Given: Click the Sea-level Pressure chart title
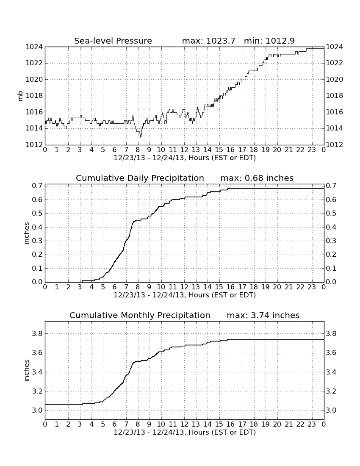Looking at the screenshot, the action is point(113,41).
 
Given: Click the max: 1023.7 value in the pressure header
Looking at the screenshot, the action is point(208,41).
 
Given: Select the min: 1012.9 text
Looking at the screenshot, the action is point(269,41).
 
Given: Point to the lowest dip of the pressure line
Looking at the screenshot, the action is point(141,137).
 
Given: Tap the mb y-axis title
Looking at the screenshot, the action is point(20,96).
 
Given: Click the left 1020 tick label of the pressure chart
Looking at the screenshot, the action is point(34,79).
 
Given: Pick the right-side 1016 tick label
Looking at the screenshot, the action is point(335,112).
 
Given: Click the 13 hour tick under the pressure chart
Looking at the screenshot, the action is point(196,150).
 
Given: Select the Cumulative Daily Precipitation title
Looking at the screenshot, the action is point(140,178).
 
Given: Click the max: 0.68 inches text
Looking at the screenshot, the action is point(257,178).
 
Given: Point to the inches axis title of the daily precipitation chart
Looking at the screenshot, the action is point(26,233).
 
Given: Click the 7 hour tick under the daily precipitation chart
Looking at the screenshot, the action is point(126,287).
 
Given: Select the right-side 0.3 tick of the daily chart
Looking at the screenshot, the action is point(331,241).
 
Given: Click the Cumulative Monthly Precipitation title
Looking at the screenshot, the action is point(140,315).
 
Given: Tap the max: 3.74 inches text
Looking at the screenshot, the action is point(263,315).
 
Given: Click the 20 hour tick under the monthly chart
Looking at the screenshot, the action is point(277,424).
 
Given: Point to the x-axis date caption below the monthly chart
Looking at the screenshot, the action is point(185,432).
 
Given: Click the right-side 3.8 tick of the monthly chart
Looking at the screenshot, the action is point(331,334).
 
